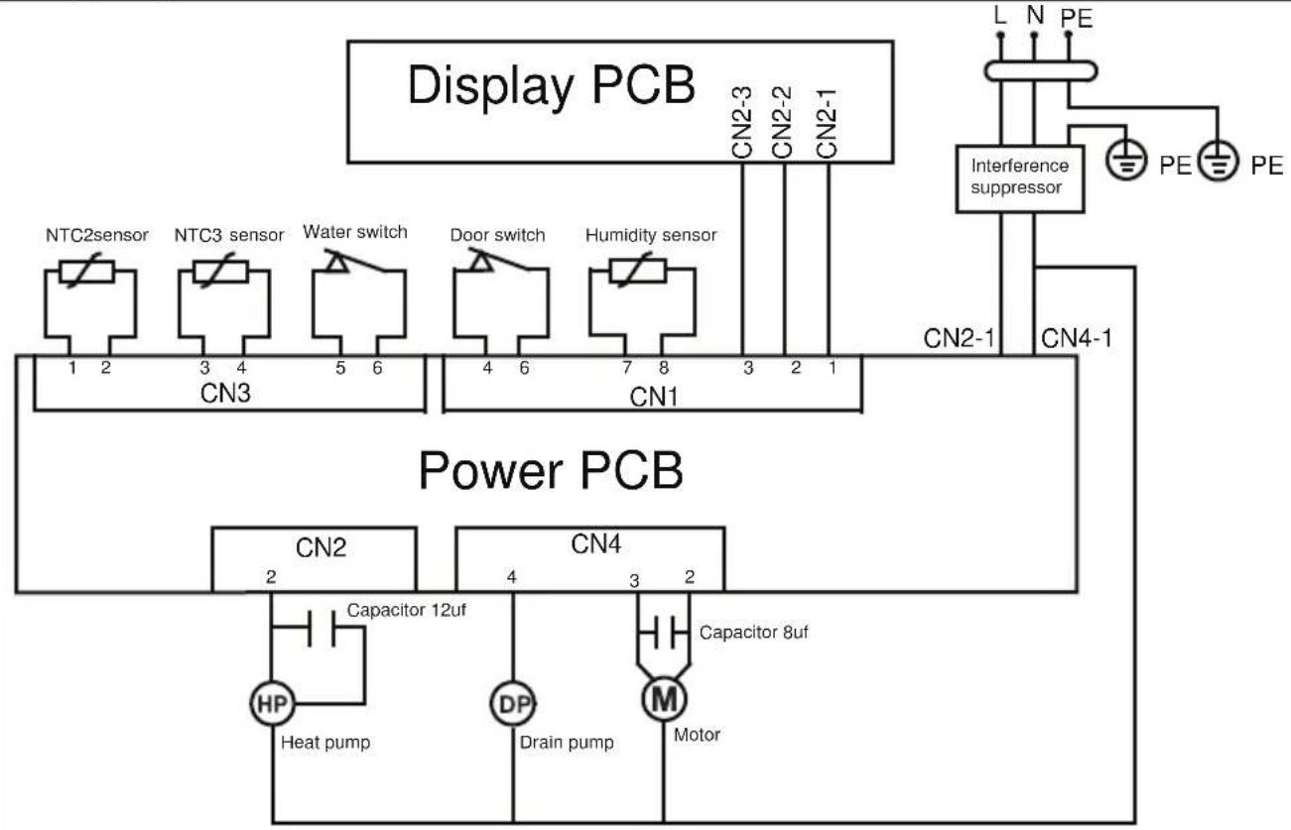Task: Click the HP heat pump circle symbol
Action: [272, 703]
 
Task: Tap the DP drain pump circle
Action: [513, 703]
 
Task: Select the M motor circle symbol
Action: [664, 699]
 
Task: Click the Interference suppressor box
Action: [1019, 179]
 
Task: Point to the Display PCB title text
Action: [551, 85]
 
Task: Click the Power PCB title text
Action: [551, 471]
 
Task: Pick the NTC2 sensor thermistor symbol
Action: [87, 272]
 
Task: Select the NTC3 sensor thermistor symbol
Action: [220, 272]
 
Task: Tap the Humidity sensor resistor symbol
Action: [638, 271]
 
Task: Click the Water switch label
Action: [355, 232]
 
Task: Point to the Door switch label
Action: [497, 235]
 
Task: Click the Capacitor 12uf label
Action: [406, 610]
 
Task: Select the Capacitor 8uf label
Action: [753, 633]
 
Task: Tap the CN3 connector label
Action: [225, 394]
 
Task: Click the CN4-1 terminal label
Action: [1076, 338]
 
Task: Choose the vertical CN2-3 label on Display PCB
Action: [742, 122]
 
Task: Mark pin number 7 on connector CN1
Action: [626, 368]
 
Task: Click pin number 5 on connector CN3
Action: [340, 368]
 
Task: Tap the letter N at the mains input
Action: [1035, 15]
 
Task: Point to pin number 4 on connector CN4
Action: [512, 576]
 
